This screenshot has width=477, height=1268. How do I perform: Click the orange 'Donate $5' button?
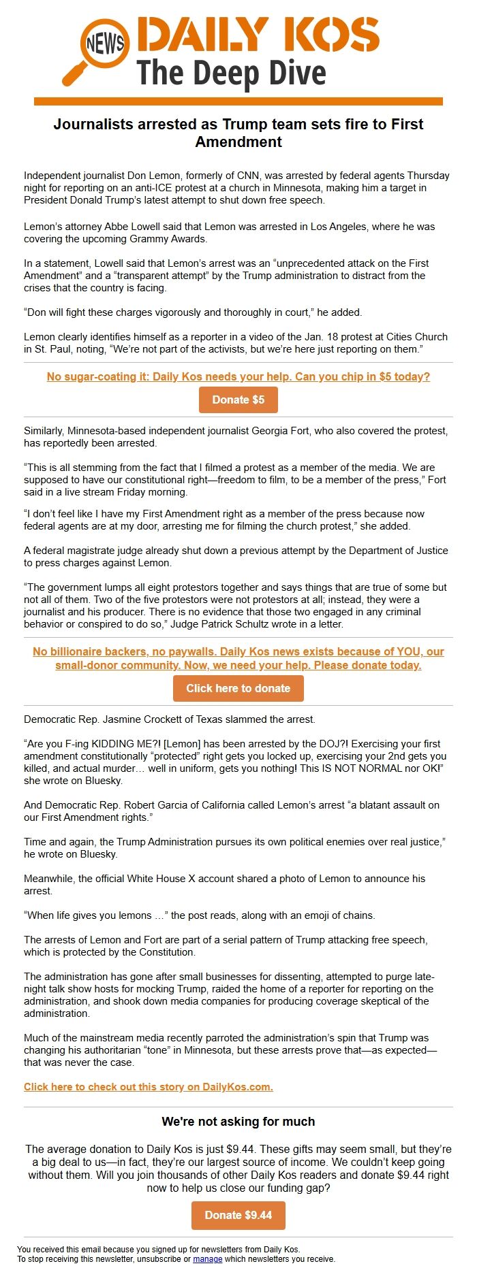pyautogui.click(x=238, y=400)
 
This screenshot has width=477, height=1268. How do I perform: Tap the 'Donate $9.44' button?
pyautogui.click(x=238, y=1216)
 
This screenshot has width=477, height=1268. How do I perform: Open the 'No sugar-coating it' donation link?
pyautogui.click(x=238, y=376)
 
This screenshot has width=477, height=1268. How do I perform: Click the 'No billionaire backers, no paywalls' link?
pyautogui.click(x=238, y=658)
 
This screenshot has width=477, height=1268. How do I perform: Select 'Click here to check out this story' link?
pyautogui.click(x=148, y=1087)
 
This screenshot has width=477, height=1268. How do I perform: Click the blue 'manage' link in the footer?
pyautogui.click(x=207, y=1259)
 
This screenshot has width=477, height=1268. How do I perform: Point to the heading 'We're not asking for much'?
pyautogui.click(x=238, y=1122)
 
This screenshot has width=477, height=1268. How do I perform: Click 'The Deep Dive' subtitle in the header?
pyautogui.click(x=231, y=74)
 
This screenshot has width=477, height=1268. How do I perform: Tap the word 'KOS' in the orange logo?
pyautogui.click(x=331, y=35)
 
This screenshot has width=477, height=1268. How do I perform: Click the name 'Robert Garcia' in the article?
pyautogui.click(x=170, y=805)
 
